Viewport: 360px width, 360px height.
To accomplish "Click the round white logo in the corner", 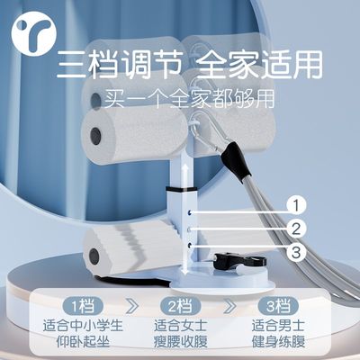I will [33, 34].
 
